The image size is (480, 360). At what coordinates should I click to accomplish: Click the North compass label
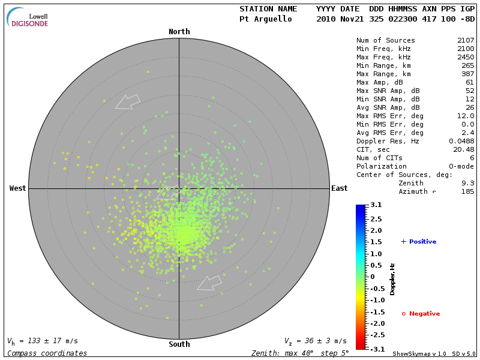(179, 32)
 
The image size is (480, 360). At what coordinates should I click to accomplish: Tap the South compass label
(179, 344)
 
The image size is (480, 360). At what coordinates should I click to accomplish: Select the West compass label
(18, 188)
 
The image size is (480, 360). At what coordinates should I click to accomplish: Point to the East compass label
(339, 188)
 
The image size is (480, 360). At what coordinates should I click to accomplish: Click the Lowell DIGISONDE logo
(28, 17)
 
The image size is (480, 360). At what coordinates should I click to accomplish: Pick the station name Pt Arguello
(266, 19)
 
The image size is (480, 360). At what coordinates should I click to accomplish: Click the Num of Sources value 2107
(465, 41)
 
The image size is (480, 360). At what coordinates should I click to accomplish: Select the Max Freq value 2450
(465, 58)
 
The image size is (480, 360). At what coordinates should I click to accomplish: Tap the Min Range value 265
(467, 66)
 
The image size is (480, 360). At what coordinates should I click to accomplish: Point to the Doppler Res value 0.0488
(461, 142)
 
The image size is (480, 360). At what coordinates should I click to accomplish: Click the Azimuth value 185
(467, 191)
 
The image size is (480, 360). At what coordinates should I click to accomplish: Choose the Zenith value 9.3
(467, 183)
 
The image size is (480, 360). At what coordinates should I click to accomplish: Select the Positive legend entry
(418, 242)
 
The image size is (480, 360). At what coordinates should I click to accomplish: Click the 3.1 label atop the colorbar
(376, 205)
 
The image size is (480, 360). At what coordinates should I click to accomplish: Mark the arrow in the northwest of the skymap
(127, 101)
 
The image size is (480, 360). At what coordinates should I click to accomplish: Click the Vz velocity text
(315, 341)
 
